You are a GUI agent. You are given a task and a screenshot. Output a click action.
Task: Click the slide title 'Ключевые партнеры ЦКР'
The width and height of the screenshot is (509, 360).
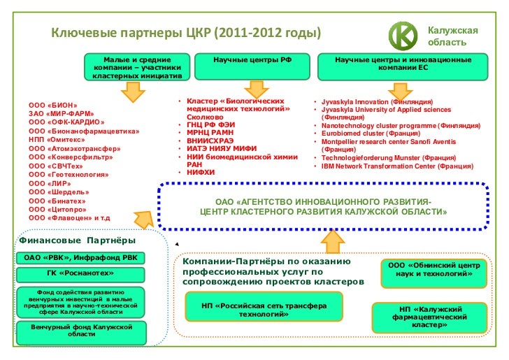coord(185,33)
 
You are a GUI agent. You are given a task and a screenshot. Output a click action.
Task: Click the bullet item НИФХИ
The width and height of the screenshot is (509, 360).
coord(201,172)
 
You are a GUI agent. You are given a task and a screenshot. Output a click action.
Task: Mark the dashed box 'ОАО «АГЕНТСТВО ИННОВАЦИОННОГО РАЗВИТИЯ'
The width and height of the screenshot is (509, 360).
coord(323,206)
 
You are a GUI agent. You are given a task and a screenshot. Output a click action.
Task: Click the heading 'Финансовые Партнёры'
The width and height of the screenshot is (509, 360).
coord(76,241)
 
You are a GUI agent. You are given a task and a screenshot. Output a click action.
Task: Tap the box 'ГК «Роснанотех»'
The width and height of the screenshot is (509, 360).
coord(80,273)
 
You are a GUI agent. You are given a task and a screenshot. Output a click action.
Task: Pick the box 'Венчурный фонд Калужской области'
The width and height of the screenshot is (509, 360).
coord(81,331)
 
